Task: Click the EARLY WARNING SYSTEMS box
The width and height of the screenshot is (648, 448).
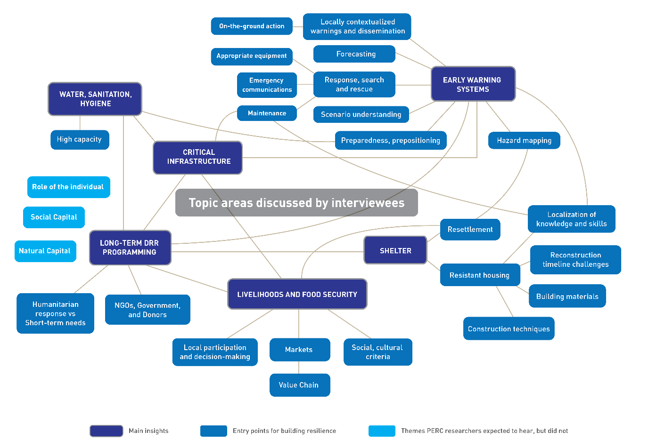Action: pos(473,84)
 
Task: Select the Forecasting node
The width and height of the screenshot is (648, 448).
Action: pos(354,54)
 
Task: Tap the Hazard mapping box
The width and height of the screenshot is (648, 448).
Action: pos(524,140)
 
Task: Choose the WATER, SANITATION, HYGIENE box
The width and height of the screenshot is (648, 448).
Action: pos(95,99)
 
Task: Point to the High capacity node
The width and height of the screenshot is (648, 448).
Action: pos(80,139)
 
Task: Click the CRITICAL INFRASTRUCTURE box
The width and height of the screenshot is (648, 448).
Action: pos(198,157)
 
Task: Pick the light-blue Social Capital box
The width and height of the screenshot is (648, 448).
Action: pos(54,217)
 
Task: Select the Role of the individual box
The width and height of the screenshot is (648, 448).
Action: pos(68,187)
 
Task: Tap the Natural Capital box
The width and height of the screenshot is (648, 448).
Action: pos(45,251)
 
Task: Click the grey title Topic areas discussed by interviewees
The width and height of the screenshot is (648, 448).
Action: pos(296,203)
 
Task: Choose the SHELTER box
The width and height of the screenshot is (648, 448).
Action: pos(395,250)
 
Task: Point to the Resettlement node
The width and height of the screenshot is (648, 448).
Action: pos(470,229)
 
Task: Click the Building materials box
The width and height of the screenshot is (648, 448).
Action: pos(567,296)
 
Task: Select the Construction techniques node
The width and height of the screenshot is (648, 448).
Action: pos(509,328)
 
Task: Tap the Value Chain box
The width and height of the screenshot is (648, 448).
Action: pos(299,385)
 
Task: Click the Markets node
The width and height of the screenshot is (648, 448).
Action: pos(299,350)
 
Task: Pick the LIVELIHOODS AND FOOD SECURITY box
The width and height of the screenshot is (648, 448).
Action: pos(297,294)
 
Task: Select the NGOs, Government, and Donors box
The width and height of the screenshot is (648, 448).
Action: pos(148,310)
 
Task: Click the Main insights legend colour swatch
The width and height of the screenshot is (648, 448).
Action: pos(107,431)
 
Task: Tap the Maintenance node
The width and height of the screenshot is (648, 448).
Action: pos(267,113)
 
